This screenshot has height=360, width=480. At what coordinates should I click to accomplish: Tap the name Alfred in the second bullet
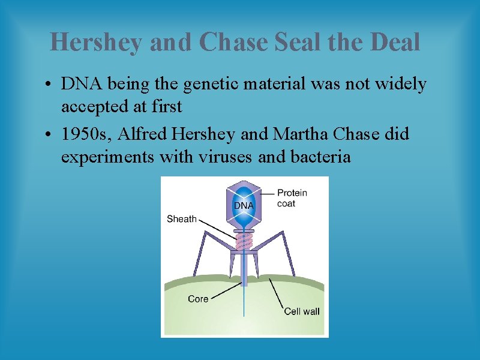click(142, 134)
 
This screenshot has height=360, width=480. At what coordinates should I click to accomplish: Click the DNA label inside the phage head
click(244, 205)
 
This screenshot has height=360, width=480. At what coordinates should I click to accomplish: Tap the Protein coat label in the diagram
click(292, 198)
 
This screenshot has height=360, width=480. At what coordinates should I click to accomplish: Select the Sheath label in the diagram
click(181, 219)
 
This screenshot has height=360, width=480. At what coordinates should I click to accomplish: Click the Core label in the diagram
click(198, 298)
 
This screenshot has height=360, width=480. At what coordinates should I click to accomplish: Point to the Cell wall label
click(302, 311)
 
